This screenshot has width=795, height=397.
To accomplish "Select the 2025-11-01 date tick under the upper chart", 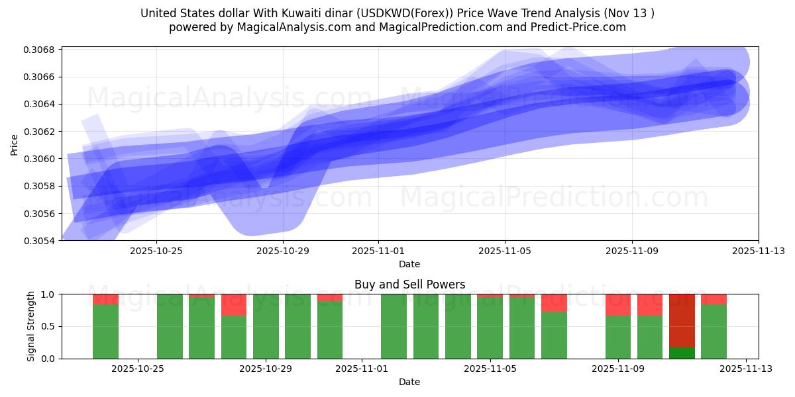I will (378, 251).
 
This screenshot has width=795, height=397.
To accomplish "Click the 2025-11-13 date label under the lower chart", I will (746, 369).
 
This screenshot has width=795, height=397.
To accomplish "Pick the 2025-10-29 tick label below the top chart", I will (283, 251).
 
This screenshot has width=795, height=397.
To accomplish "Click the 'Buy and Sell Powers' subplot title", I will (409, 285).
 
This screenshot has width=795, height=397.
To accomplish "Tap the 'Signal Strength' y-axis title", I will (30, 326).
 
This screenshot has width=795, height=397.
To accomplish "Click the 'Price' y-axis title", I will (15, 144).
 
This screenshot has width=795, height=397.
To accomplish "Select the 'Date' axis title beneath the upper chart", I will (409, 265).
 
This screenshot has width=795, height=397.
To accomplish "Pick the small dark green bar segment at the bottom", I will (682, 353).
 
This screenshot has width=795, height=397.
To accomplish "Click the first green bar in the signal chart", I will (105, 331).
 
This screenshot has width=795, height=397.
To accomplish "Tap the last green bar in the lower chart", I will (714, 331).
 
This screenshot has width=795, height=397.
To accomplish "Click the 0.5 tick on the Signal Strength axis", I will (50, 327).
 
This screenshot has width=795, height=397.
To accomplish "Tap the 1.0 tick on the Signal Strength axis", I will (50, 294).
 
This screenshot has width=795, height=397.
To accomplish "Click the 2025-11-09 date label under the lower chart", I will (618, 369).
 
